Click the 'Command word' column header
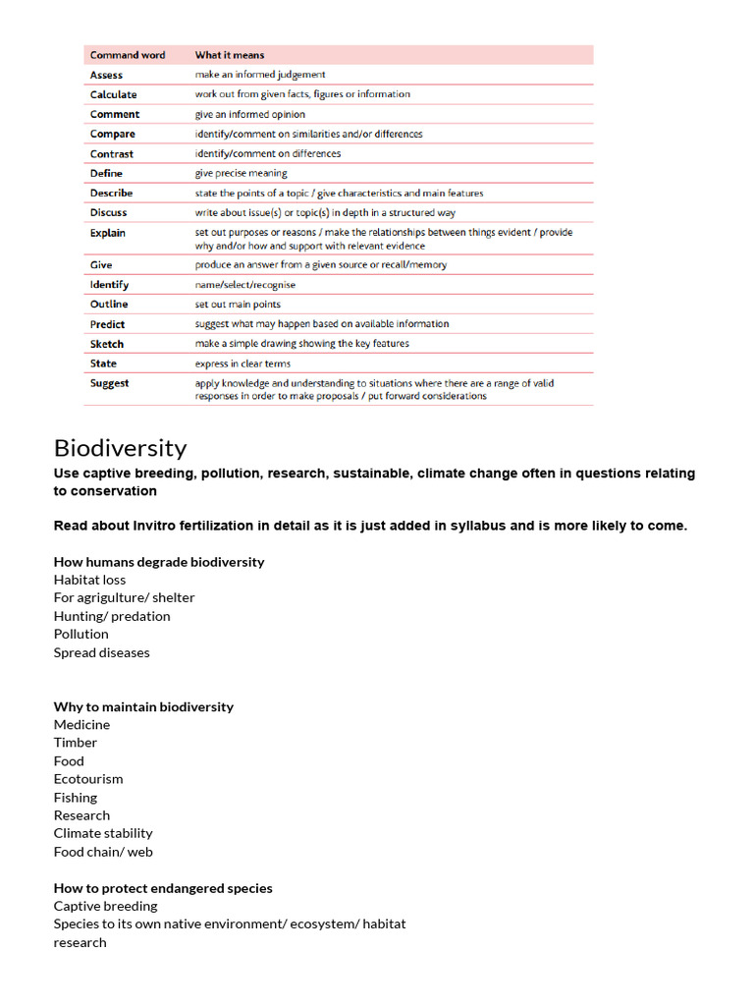point(128,55)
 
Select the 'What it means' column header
point(229,55)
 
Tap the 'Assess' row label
point(106,75)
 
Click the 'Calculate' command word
point(113,94)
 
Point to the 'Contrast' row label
point(111,154)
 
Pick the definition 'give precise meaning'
point(241,174)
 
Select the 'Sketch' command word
point(107,344)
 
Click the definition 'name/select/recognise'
point(244,285)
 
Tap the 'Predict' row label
point(107,324)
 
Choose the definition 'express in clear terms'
point(242,363)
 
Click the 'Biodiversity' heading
point(120,449)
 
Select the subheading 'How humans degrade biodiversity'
point(159,562)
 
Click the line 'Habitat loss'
point(89,580)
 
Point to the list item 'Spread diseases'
point(102,652)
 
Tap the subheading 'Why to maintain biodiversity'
point(143,706)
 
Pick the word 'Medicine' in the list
point(81,725)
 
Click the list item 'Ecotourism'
point(88,779)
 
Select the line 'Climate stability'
point(103,833)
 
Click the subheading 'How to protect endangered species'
point(163,888)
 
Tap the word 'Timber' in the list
point(76,743)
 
